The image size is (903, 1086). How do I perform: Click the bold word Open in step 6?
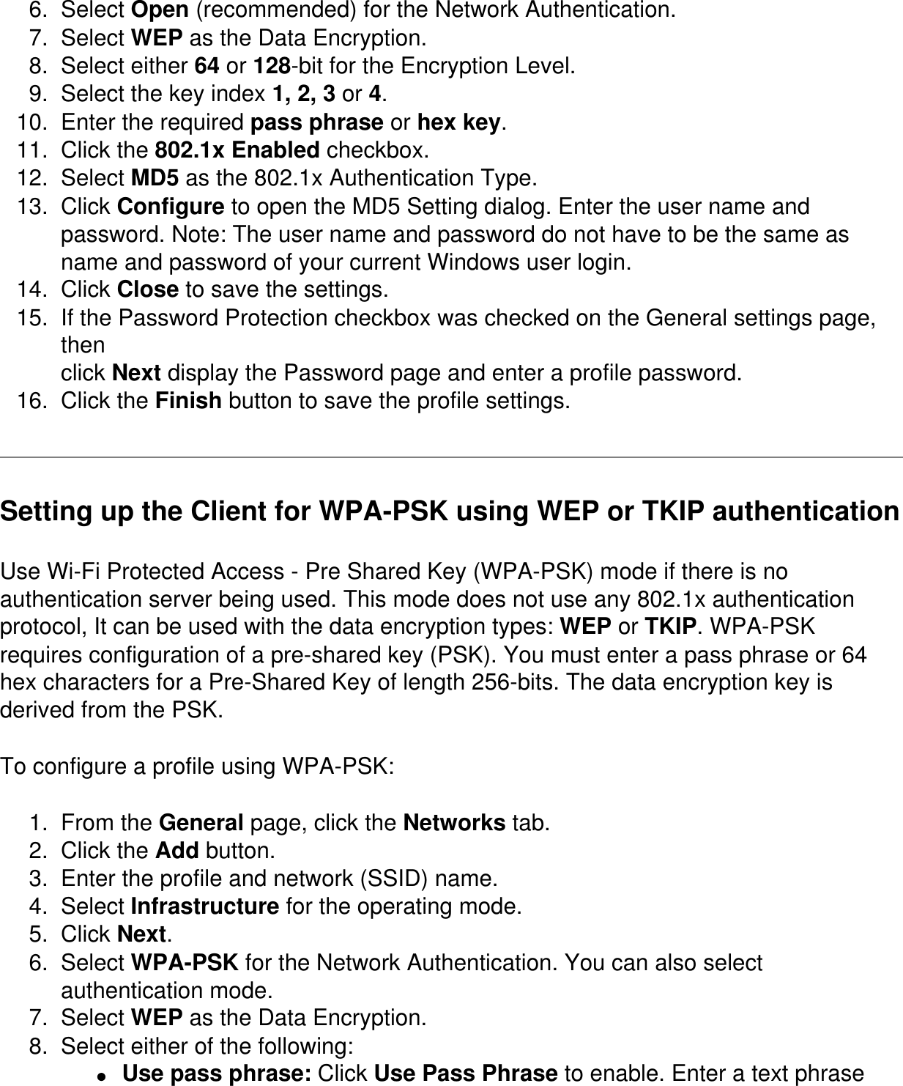tap(159, 10)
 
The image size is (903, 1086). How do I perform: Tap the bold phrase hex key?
tap(458, 122)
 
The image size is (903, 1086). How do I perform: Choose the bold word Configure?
tap(171, 207)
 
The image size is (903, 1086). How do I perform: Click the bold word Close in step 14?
tap(147, 290)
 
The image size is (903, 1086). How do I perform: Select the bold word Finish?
tap(189, 402)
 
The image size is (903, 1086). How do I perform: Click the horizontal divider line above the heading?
tap(451, 457)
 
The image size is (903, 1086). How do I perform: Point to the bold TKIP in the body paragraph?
tap(669, 627)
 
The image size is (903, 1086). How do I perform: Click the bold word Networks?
tap(454, 823)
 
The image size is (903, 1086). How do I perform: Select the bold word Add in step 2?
tap(177, 851)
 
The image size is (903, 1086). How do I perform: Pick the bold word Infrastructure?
tap(204, 906)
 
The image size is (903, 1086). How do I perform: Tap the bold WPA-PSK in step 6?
tap(184, 963)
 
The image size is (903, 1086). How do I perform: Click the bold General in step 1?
tap(201, 823)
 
